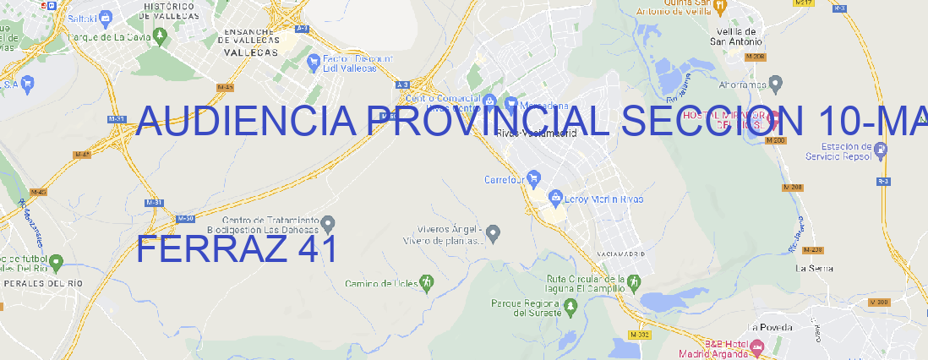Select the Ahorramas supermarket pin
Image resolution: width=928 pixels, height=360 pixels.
(x=776, y=83)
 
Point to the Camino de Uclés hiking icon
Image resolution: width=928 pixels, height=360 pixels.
(x=427, y=282)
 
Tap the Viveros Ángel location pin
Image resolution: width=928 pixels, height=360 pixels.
(x=494, y=232)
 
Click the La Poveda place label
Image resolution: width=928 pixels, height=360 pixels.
(x=771, y=327)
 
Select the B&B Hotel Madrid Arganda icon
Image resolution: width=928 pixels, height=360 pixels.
(x=757, y=346)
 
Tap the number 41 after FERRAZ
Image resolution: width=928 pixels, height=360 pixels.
(x=318, y=250)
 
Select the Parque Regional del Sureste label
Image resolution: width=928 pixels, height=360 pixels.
(x=526, y=308)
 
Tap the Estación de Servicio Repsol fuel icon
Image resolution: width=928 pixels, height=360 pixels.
(x=882, y=150)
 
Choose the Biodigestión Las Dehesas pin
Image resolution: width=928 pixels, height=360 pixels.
(x=328, y=223)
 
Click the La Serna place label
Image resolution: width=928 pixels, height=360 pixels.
(x=815, y=268)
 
